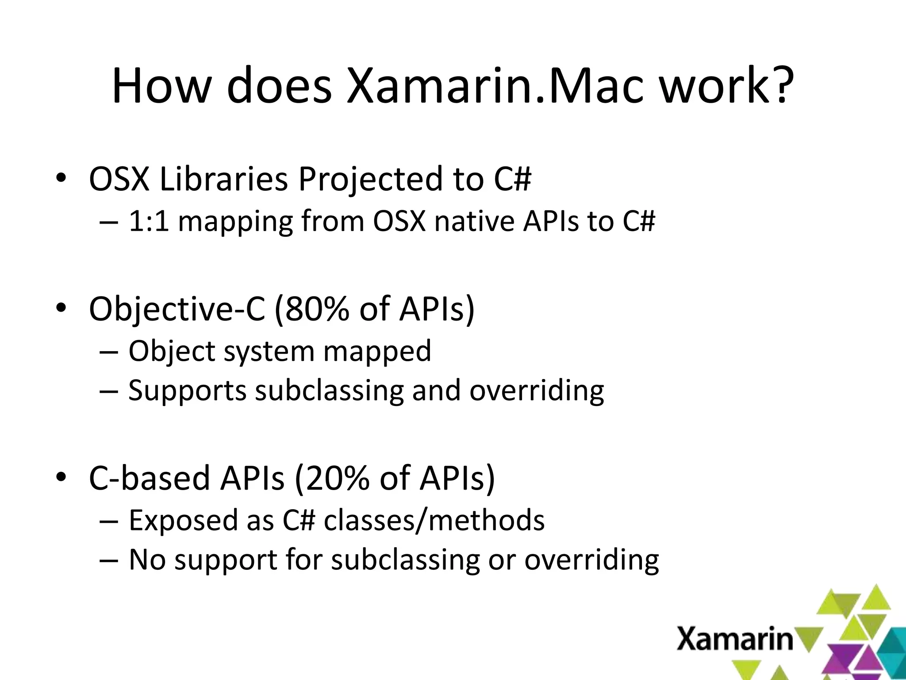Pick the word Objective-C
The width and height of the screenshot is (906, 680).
(x=177, y=309)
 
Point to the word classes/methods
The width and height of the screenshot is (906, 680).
(x=434, y=520)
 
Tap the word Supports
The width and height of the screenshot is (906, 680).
(x=187, y=390)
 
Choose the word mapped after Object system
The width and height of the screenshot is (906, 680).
(x=377, y=351)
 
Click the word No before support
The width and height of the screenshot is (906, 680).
(x=147, y=560)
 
